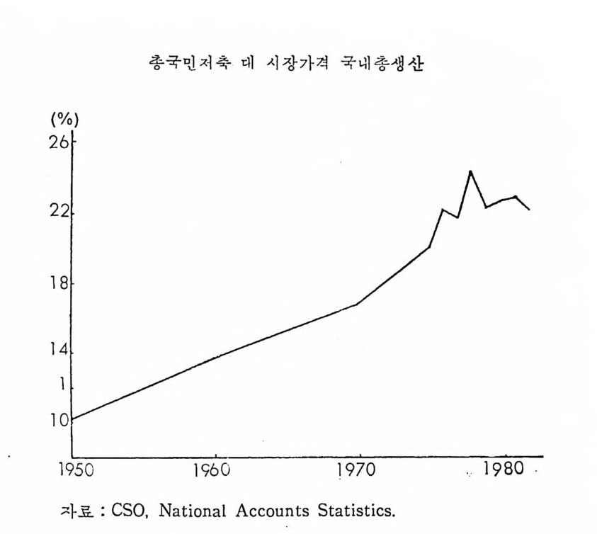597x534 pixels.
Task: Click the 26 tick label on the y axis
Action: [x=60, y=143]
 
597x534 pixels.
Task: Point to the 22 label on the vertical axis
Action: [x=60, y=214]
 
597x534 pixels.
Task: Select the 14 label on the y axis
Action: [x=60, y=352]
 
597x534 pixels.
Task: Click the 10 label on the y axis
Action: [x=60, y=420]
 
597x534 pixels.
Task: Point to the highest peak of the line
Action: [x=470, y=171]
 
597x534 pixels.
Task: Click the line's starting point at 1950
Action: [x=73, y=419]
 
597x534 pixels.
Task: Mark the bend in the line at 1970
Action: [x=357, y=304]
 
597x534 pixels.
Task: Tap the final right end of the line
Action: [x=529, y=210]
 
